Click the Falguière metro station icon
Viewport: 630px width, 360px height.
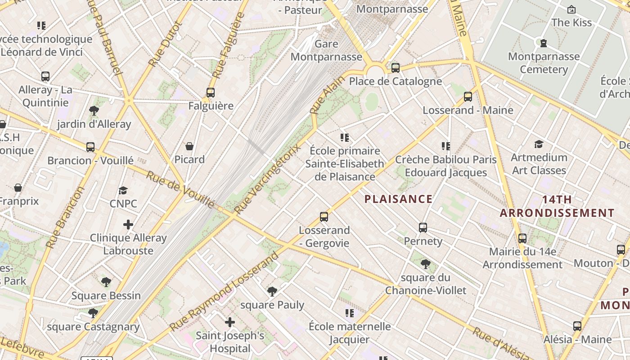(210, 93)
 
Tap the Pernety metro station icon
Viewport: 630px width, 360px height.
(423, 228)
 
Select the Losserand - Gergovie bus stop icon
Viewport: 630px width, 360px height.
(324, 217)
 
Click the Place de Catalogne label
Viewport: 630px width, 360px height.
(395, 81)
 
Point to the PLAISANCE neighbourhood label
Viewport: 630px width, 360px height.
(398, 199)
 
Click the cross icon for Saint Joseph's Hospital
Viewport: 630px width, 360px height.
(230, 322)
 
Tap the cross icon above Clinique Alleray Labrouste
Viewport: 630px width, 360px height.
(128, 224)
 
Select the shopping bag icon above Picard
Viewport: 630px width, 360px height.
(189, 146)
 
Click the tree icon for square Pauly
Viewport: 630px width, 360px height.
(272, 292)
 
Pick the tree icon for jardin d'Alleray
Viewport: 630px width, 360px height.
(94, 110)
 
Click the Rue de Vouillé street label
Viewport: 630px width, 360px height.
(180, 189)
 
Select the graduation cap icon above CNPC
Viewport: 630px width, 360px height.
(123, 190)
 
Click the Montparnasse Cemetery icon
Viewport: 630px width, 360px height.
(543, 43)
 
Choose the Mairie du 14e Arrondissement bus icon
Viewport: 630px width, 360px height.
(522, 238)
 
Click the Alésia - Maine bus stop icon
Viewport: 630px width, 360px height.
(577, 326)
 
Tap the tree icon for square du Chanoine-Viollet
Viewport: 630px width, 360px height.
(425, 264)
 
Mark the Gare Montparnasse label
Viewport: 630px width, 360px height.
(326, 50)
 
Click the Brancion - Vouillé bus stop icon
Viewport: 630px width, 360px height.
(90, 147)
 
